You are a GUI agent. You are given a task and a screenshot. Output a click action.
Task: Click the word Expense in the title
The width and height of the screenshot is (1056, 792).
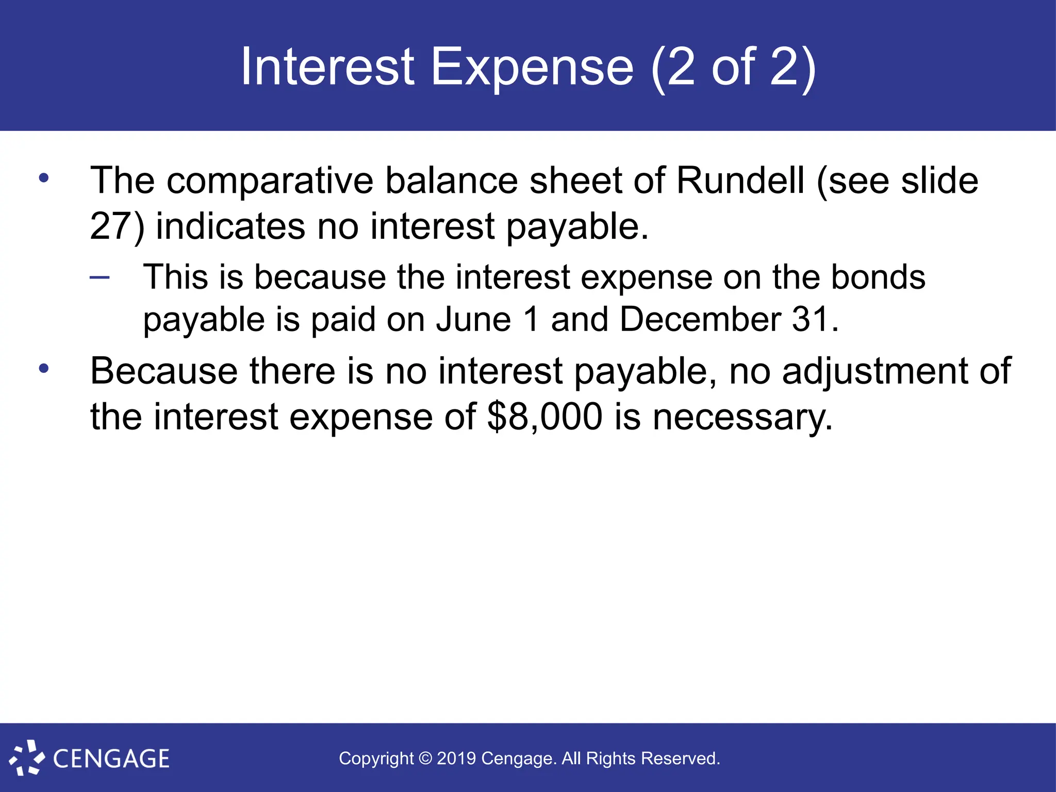(x=532, y=67)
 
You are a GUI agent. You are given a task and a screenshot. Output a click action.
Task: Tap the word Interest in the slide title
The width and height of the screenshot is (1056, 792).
(x=327, y=67)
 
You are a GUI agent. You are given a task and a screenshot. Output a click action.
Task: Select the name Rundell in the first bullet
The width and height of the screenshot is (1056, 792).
(x=740, y=180)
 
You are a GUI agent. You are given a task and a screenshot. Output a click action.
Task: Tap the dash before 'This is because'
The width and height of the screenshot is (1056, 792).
(x=100, y=278)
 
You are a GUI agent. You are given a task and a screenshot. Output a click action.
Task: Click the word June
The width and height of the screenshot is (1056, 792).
(x=473, y=319)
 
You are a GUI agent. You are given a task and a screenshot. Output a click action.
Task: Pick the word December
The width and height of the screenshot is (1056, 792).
(x=700, y=319)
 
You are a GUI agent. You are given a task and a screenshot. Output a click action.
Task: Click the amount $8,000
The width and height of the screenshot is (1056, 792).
(x=544, y=417)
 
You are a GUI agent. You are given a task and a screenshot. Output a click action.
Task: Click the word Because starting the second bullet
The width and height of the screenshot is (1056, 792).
(x=164, y=371)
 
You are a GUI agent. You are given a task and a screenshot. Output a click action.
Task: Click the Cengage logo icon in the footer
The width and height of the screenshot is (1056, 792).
(x=27, y=757)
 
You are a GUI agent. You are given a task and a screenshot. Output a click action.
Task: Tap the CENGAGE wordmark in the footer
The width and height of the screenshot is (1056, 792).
(x=111, y=759)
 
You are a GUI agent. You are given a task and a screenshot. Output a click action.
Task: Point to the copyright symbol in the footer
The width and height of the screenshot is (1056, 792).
(x=425, y=758)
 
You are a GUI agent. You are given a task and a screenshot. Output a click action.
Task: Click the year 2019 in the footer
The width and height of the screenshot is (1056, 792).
(x=456, y=758)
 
